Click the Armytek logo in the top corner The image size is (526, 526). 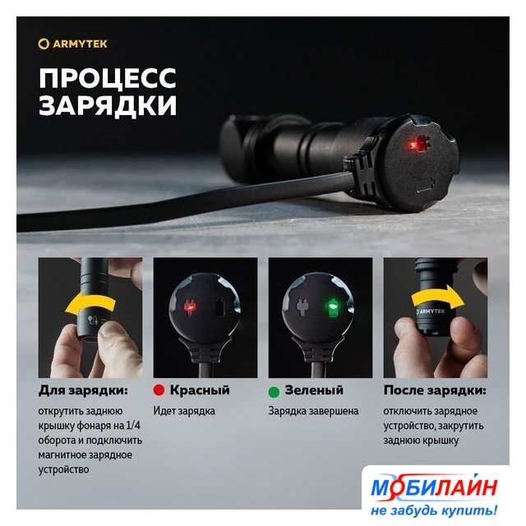[x=72, y=44]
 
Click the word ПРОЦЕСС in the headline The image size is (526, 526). [x=108, y=78]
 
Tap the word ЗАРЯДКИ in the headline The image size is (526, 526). [x=108, y=106]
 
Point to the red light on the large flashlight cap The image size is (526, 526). [x=413, y=145]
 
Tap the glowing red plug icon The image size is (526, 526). [x=190, y=307]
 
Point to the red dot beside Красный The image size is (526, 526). [x=159, y=390]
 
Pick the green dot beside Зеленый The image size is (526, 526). [x=274, y=391]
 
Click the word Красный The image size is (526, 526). [x=200, y=390]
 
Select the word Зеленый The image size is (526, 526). [x=314, y=390]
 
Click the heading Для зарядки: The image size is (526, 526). [x=83, y=390]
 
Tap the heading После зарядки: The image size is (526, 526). [x=435, y=390]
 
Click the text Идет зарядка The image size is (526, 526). [x=184, y=411]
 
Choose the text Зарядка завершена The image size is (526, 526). [x=313, y=411]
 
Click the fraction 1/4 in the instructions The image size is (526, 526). [x=133, y=426]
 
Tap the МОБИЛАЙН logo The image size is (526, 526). [x=434, y=487]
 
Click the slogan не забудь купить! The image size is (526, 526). [x=434, y=510]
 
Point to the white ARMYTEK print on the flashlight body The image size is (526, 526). [x=431, y=311]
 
